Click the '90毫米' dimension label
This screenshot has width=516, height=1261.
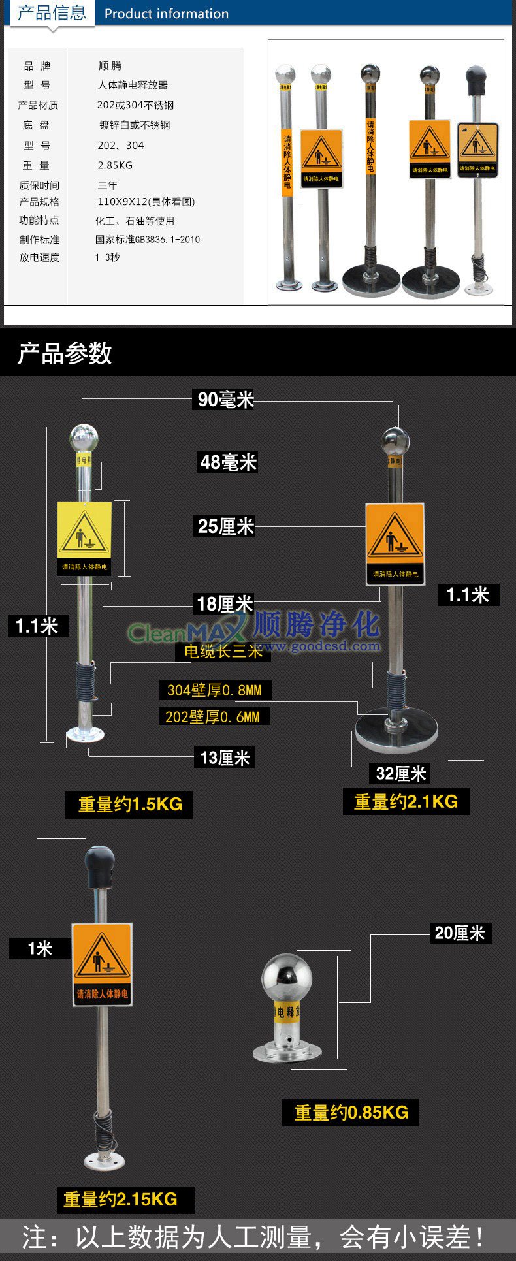[225, 399]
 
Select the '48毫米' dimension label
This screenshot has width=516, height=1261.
[228, 462]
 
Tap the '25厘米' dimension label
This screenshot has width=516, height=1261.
[225, 526]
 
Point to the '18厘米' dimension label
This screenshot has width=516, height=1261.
[225, 603]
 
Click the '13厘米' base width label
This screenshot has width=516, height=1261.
[225, 758]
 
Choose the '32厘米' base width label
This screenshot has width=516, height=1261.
[400, 774]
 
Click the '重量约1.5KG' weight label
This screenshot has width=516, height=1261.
[129, 804]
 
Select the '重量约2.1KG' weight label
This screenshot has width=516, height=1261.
[406, 801]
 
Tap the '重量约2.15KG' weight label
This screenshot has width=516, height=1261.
[120, 1199]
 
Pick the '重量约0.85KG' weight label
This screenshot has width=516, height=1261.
[351, 1112]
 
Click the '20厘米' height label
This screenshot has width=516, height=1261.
[460, 933]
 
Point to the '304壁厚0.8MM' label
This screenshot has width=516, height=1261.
[214, 690]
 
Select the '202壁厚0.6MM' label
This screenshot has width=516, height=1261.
[213, 716]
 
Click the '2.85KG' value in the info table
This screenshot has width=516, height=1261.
[115, 165]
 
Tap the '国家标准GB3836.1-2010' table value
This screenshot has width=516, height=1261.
[148, 240]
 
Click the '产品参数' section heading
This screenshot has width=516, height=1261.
[65, 353]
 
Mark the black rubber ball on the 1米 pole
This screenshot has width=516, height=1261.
[99, 865]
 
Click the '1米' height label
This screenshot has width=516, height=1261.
[39, 948]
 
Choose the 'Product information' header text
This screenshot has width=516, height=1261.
[167, 14]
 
